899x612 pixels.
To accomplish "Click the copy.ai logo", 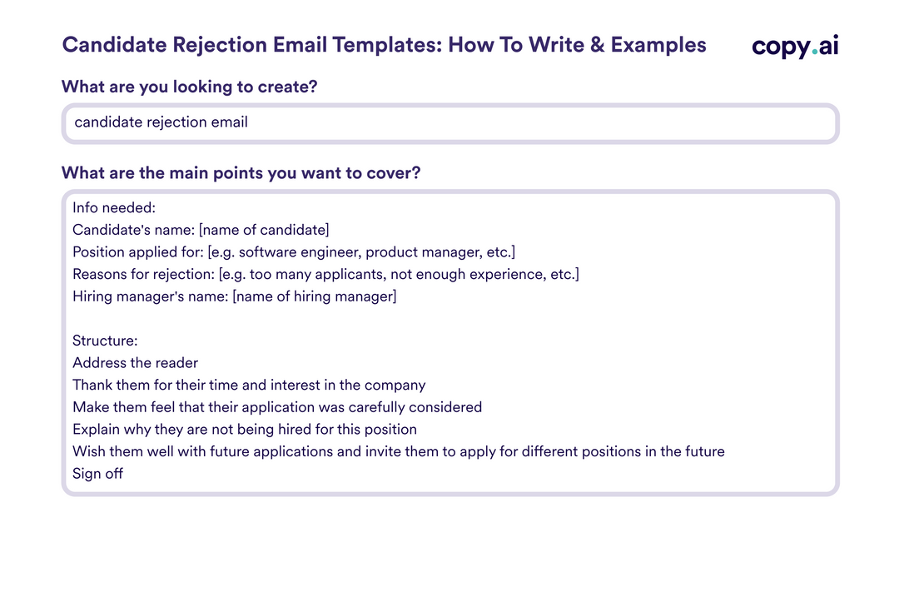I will pos(795,46).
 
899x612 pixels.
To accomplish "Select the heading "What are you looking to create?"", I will pos(190,87).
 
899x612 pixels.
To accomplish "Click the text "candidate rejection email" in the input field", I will pos(161,122).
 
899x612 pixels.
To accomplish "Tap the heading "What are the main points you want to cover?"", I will pos(241,173).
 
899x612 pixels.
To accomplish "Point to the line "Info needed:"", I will pos(108,207).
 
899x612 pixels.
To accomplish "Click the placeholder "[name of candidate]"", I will pos(264,230).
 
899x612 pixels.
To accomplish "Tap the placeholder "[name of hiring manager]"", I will pos(315,296).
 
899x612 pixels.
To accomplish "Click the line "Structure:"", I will pos(105,341).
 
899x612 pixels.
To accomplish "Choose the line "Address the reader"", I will pos(136,363).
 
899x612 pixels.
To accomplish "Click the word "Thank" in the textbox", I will pos(92,386).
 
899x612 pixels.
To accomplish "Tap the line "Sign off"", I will pos(98,474).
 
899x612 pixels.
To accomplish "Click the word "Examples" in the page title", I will pos(658,45).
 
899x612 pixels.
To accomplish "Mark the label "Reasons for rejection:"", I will pos(143,274).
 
